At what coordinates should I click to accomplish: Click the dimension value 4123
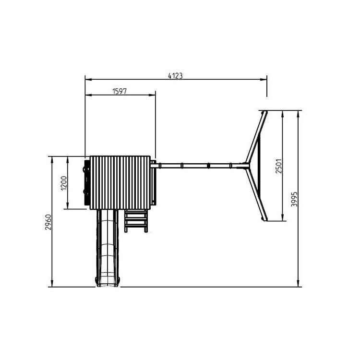175,76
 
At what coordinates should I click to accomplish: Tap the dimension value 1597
120,91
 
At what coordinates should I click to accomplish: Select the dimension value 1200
64,183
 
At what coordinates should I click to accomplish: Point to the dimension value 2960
48,222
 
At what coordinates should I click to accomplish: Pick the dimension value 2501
278,166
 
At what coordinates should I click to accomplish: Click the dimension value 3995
294,199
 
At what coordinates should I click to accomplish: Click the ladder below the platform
136,221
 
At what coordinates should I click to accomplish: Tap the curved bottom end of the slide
108,282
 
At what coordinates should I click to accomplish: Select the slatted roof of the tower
120,182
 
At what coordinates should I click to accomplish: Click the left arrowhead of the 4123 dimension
88,79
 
